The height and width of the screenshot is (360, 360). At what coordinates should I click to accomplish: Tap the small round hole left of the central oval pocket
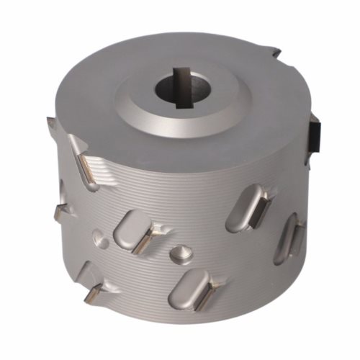coord(99,235)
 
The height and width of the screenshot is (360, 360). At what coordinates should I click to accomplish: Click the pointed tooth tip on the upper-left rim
coord(50,122)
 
